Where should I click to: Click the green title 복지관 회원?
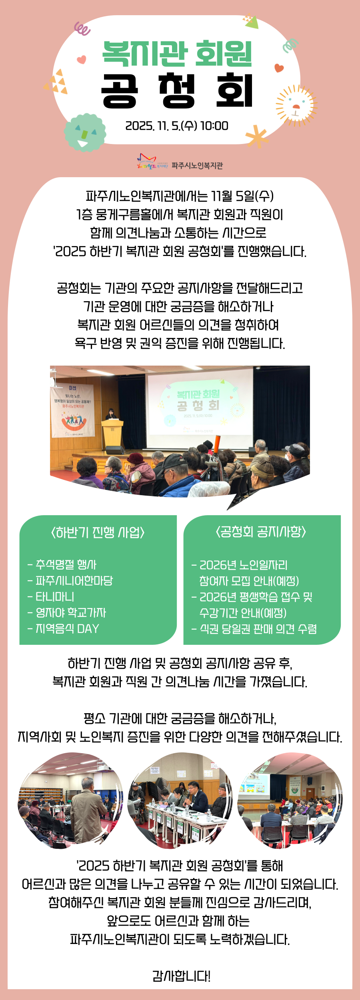tap(177, 54)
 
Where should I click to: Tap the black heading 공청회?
tap(177, 91)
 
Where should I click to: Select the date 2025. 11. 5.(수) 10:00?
tap(177, 126)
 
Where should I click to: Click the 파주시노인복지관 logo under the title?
tap(180, 162)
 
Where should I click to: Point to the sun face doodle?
tap(296, 105)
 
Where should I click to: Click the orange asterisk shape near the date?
tap(256, 136)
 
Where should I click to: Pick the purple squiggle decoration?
tap(82, 28)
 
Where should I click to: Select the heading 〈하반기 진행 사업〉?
tap(98, 532)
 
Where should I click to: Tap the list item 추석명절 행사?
tap(65, 565)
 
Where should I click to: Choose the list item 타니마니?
tap(54, 597)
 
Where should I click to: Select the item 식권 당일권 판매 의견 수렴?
tap(258, 629)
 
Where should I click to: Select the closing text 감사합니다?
tap(181, 976)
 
